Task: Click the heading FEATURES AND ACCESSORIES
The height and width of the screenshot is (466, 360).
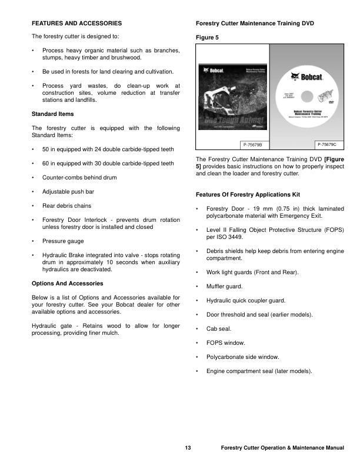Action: click(76, 24)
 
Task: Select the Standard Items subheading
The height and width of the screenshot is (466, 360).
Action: click(53, 113)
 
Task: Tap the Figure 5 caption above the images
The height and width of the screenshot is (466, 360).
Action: click(207, 37)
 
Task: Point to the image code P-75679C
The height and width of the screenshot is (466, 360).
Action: click(330, 144)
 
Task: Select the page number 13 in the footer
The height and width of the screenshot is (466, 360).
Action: click(188, 448)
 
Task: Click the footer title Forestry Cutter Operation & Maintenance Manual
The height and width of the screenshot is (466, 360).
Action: click(282, 448)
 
